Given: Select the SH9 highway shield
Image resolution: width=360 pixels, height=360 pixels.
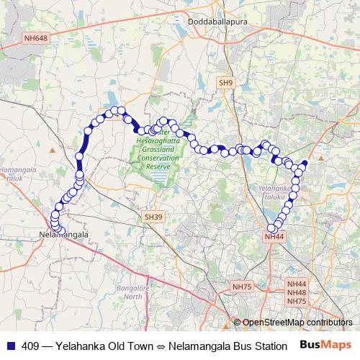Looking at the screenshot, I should coord(226,84).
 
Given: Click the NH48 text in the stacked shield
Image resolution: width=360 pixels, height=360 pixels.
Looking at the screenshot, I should coord(297,292).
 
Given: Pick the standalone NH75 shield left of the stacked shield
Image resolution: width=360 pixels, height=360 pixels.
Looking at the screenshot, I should coord(242,287).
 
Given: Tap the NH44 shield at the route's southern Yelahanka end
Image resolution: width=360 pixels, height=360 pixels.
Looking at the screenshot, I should coord(275,235).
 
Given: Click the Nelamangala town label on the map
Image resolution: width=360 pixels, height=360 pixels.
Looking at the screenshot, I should coord(63,235).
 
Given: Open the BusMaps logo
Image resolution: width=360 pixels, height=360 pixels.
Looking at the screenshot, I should coord(325,345).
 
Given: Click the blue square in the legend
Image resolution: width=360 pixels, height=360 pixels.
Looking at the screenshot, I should coord(11,345).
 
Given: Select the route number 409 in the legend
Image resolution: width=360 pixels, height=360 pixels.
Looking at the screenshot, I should coord(31,345).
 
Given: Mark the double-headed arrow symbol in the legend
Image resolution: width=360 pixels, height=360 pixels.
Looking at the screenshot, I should coord(170,346).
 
